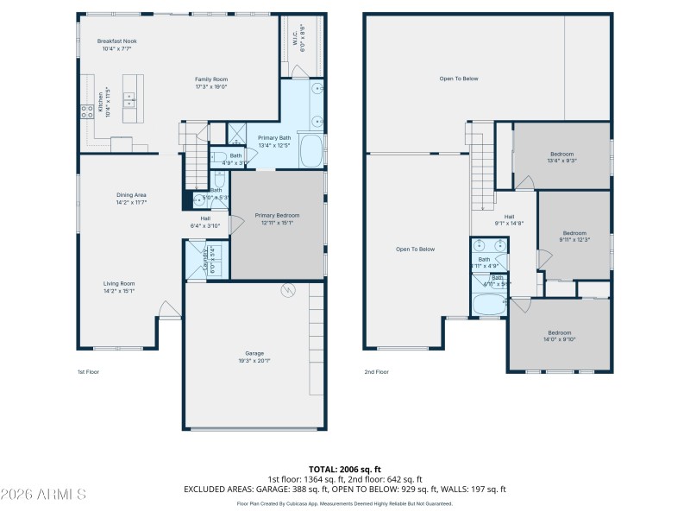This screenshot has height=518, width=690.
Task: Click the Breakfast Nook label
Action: [x=116, y=41]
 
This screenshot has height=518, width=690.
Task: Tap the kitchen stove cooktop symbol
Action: [x=87, y=110]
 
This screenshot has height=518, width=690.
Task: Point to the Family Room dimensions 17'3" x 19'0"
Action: [x=210, y=86]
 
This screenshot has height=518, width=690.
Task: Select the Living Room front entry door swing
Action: [x=168, y=309]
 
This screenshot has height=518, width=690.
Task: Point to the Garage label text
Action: [x=254, y=353]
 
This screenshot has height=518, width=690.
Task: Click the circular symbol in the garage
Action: [x=288, y=290]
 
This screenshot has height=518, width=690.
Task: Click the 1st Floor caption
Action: [x=88, y=372]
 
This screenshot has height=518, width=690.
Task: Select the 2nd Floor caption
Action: [x=376, y=372]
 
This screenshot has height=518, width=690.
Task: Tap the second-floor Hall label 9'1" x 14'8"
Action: [x=509, y=219]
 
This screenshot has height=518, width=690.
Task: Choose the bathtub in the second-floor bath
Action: [x=490, y=305]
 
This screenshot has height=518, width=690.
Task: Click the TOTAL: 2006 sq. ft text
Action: [x=345, y=469]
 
